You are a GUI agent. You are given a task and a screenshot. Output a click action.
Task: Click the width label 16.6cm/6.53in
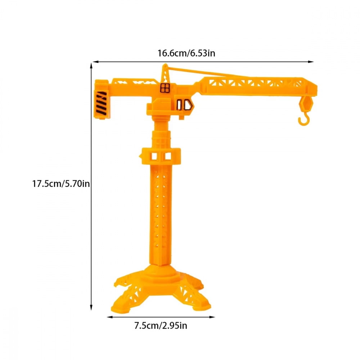pos(186,54)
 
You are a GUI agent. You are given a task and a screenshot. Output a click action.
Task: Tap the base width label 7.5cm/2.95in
pos(161,326)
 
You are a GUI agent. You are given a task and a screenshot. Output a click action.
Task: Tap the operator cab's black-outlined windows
pos(184,105)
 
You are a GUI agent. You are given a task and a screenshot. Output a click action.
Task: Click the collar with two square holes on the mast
pos(161,156)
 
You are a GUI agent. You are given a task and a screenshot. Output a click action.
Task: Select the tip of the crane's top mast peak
pos(165,65)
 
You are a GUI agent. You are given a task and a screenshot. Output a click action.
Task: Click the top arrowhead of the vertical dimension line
pos(91,64)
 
